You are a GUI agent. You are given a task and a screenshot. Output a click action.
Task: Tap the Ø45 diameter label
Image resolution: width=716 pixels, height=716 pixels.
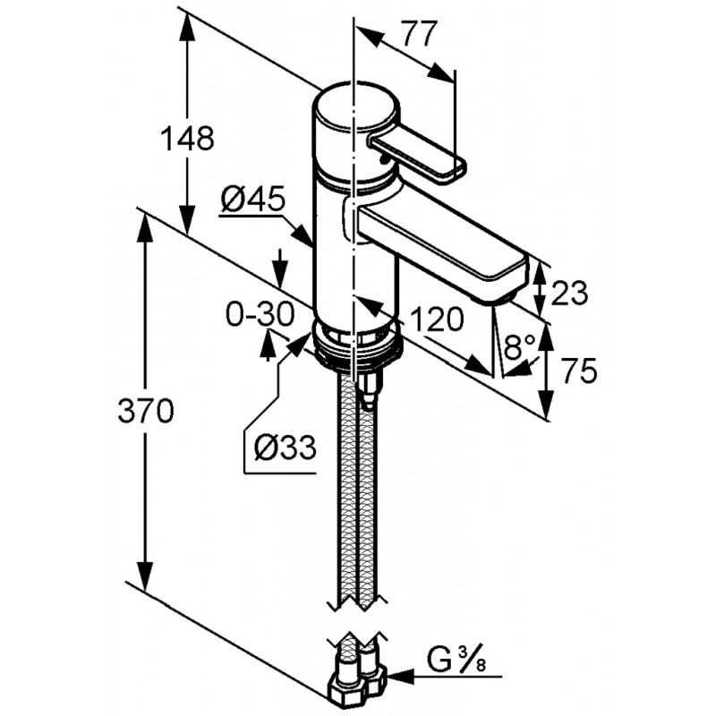pos(253,199)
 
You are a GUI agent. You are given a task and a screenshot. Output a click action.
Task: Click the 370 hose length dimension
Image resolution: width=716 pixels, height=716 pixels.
pos(146,410)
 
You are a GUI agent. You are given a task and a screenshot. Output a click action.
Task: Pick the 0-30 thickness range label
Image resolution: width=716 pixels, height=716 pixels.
pos(260,315)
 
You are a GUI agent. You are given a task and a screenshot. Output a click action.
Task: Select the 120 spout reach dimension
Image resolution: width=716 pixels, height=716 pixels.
pos(437,319)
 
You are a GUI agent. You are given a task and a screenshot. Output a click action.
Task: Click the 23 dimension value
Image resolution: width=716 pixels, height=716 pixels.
pos(569,293)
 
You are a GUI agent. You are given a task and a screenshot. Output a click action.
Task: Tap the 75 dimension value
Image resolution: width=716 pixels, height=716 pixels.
pos(579,371)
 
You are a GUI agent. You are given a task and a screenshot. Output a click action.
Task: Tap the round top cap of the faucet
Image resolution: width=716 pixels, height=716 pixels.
pos(354,105)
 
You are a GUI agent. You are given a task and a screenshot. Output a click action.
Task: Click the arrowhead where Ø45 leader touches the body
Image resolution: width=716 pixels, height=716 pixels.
pos(303,234)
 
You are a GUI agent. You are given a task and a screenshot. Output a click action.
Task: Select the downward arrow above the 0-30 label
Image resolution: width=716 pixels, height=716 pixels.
pos(281,268)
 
